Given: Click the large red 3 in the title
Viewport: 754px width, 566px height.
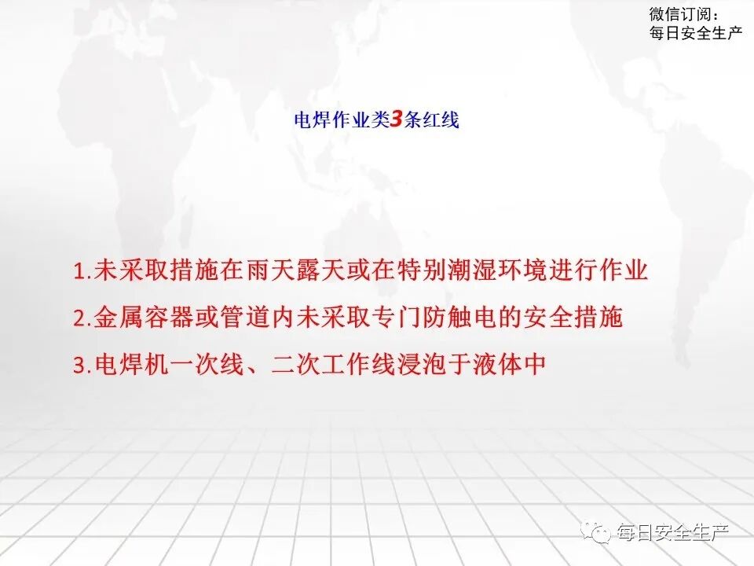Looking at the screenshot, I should [397, 119].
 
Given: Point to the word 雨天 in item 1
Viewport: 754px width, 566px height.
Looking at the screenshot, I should [260, 271].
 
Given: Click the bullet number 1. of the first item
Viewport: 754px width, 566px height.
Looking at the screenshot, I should [82, 272].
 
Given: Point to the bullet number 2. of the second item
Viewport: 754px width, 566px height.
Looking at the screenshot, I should [82, 318].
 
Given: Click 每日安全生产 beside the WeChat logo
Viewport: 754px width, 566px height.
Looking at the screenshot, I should [673, 533].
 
